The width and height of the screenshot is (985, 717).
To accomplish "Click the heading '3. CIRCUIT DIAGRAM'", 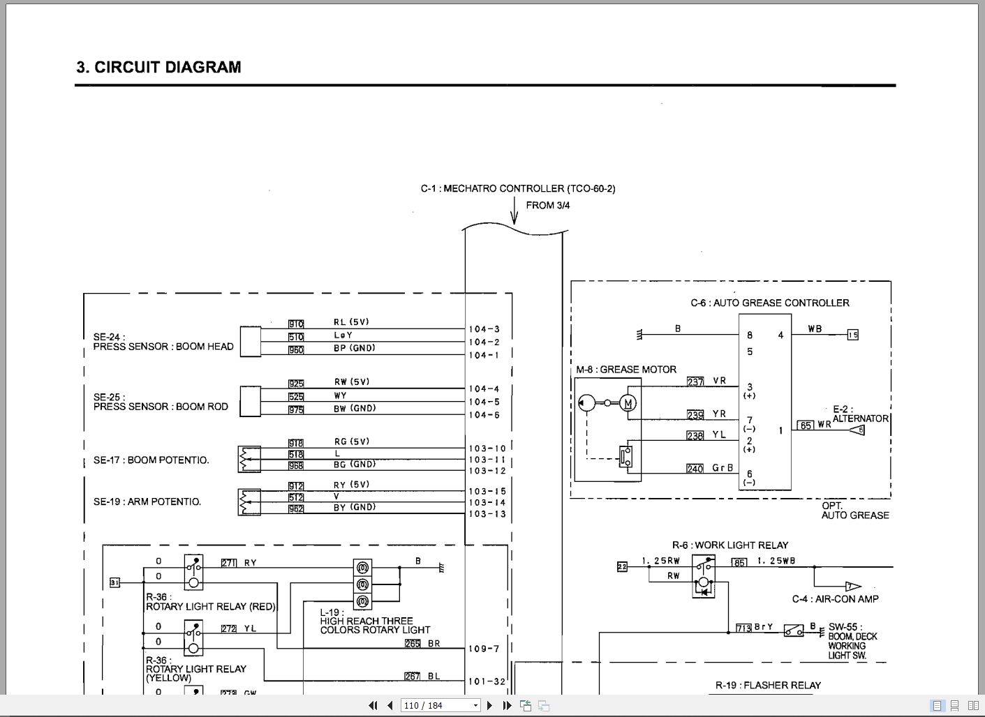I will (x=158, y=68).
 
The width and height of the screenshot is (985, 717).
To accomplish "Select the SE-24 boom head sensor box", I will (x=251, y=342).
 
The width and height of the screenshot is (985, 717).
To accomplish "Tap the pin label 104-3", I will (x=484, y=329).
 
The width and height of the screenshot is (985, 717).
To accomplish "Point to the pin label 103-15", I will (x=487, y=491).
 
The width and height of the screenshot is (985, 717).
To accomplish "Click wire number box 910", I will (x=296, y=324).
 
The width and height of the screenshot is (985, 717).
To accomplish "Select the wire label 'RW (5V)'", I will (x=351, y=382).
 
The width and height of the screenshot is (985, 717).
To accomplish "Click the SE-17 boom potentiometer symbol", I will (x=249, y=459).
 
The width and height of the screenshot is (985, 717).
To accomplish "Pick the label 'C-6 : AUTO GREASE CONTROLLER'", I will (x=770, y=303).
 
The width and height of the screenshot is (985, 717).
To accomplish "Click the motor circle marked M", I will (x=628, y=403).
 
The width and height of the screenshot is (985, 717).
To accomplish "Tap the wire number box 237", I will (x=695, y=382).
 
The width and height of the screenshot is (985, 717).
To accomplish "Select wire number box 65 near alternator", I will (x=806, y=425).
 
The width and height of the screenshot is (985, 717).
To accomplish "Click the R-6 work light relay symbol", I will (x=704, y=576).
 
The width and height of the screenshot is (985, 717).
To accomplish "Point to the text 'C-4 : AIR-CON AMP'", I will (x=835, y=599).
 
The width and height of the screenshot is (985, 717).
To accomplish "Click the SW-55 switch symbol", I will (x=793, y=630).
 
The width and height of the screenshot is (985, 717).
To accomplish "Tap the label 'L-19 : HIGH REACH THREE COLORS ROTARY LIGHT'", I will (x=375, y=621).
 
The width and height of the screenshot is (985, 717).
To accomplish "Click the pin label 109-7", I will (x=484, y=649).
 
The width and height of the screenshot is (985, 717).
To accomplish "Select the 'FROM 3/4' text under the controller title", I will (x=547, y=205).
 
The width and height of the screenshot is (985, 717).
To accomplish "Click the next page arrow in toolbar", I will (x=490, y=705).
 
